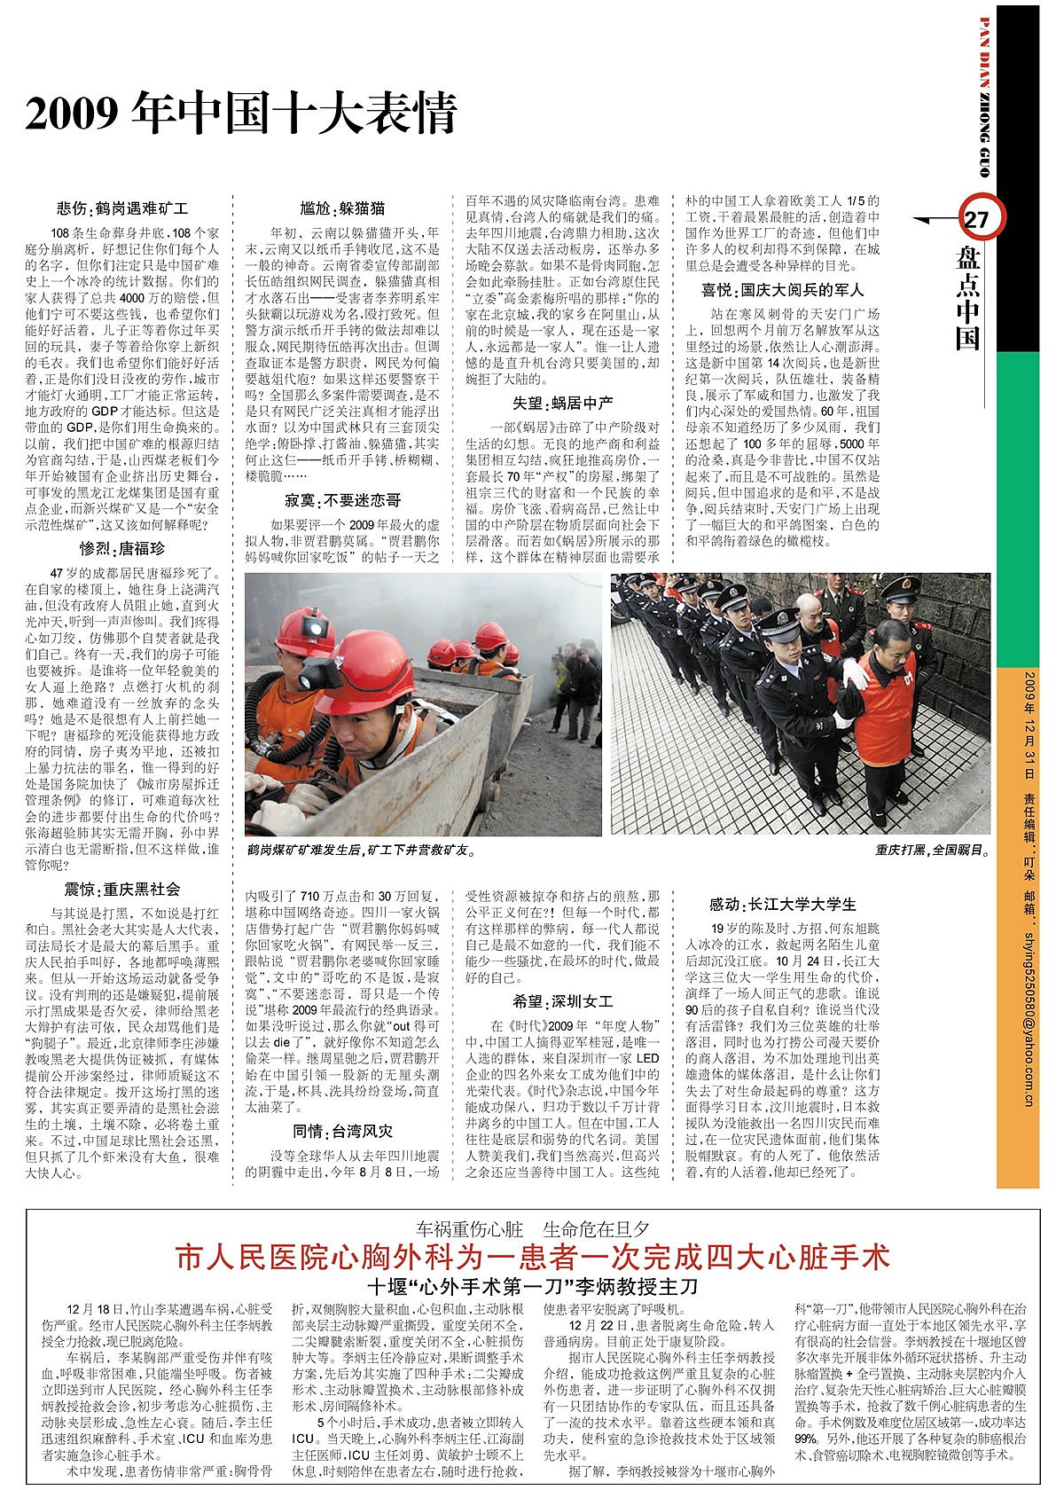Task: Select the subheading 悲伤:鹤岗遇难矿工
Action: click(x=122, y=209)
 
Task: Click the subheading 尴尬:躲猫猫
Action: click(x=342, y=209)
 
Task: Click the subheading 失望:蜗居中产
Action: click(x=563, y=404)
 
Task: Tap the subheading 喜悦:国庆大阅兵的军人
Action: click(x=782, y=290)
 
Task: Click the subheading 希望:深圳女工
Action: click(x=563, y=1001)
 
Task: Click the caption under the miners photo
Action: click(x=361, y=850)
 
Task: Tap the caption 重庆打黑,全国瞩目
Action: click(x=931, y=850)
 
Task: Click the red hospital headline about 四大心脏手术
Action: click(x=532, y=1257)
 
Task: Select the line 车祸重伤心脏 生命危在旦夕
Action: click(x=532, y=1229)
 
